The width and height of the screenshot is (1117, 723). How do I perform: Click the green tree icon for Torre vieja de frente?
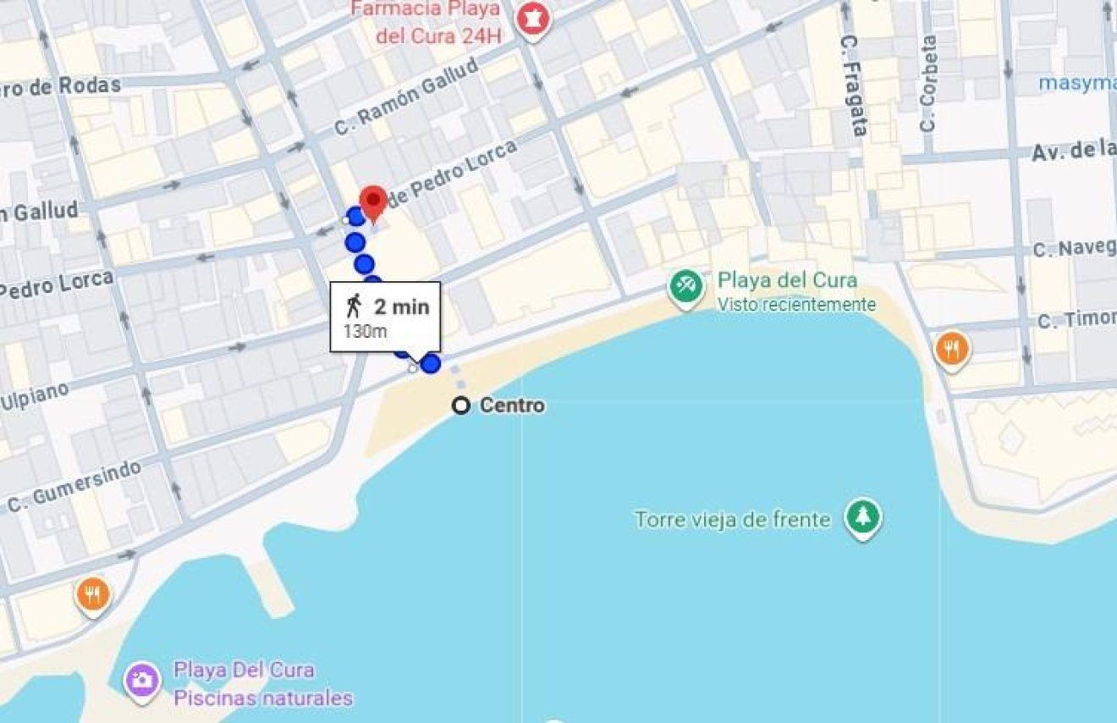[862, 518]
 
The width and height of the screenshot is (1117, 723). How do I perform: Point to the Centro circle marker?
[460, 406]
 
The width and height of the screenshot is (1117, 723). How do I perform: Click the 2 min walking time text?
[402, 306]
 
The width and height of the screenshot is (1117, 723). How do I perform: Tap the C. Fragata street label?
[855, 85]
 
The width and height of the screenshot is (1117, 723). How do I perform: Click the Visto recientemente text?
[796, 305]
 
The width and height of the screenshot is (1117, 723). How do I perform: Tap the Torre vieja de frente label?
[733, 519]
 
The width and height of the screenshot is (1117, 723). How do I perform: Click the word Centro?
[512, 406]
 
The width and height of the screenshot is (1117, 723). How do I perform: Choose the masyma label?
[1077, 83]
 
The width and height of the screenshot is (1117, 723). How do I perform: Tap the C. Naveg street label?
[1074, 249]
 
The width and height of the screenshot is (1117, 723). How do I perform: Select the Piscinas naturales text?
[263, 698]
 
